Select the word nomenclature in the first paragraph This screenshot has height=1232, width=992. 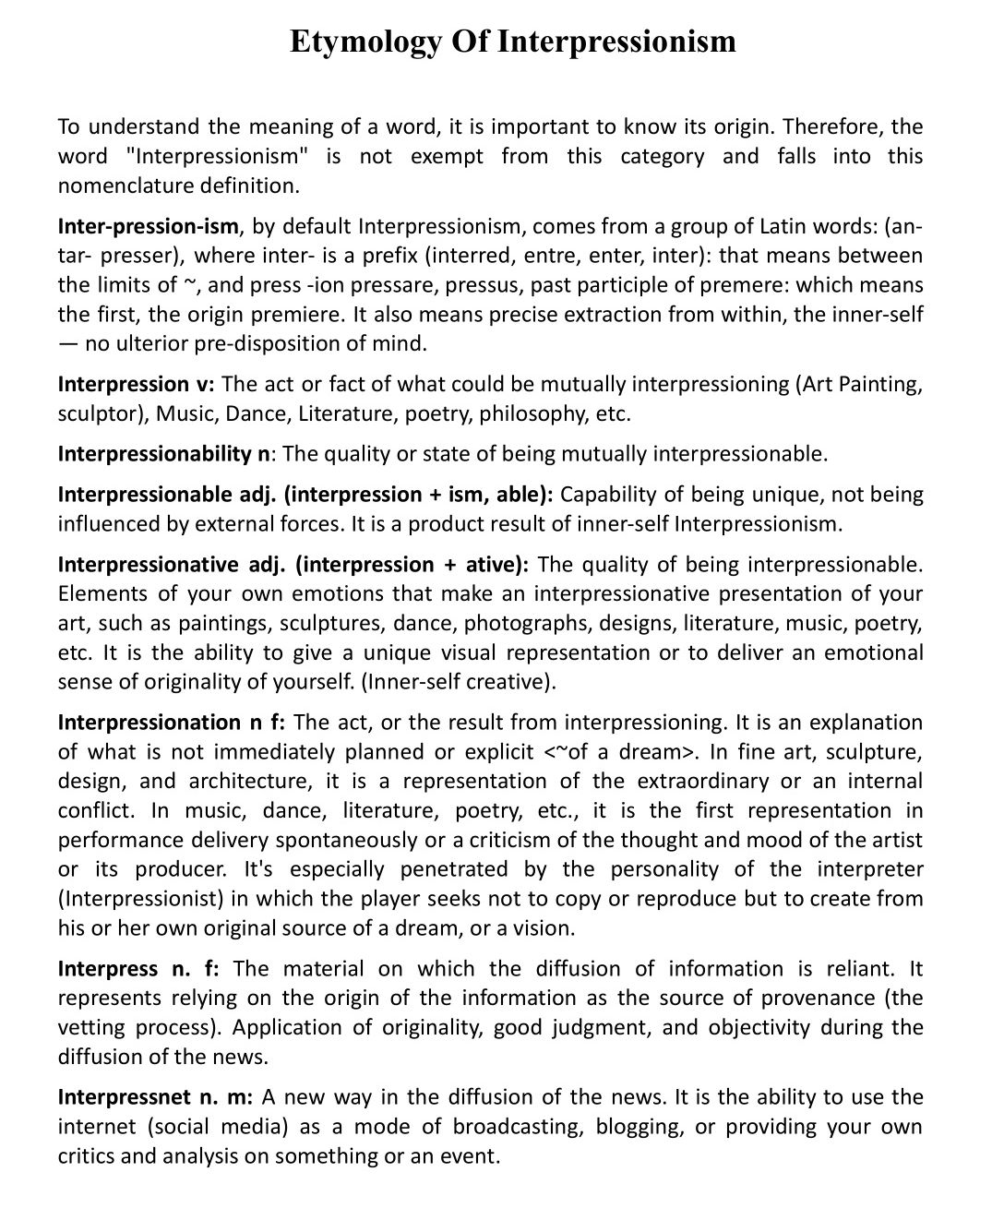click(x=125, y=185)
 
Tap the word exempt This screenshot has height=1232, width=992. click(x=447, y=156)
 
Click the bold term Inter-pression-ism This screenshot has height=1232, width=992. click(x=149, y=226)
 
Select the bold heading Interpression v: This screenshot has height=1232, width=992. click(x=136, y=384)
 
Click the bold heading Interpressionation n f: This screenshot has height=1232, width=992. click(x=172, y=722)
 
